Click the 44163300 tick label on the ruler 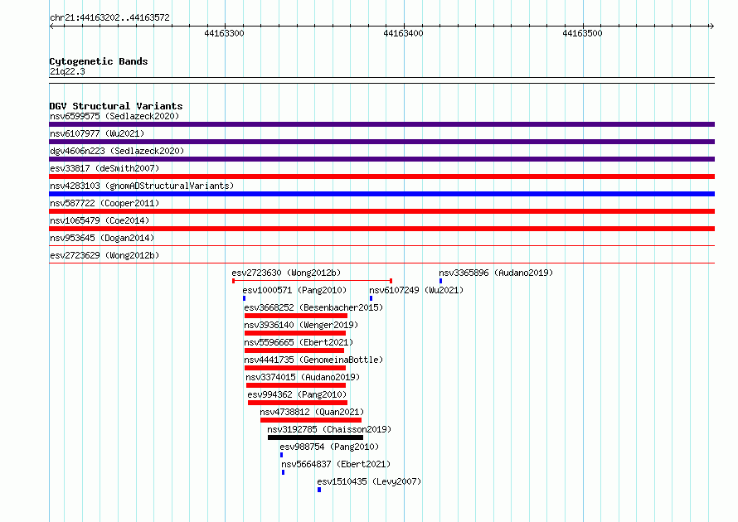(x=224, y=33)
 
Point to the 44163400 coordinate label (x=403, y=33)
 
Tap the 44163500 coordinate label (x=582, y=33)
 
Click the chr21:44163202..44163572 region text (x=109, y=18)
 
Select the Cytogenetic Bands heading (x=99, y=61)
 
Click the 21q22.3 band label (x=67, y=71)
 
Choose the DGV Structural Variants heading (x=116, y=106)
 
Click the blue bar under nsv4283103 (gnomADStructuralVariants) (x=381, y=194)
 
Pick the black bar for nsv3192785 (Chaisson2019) (x=315, y=437)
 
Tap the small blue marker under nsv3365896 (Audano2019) (x=440, y=281)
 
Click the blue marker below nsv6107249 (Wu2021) (x=371, y=298)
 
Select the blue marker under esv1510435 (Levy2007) (x=319, y=490)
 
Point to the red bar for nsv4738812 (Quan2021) (x=311, y=420)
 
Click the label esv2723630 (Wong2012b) (x=286, y=273)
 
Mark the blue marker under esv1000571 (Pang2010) (x=244, y=298)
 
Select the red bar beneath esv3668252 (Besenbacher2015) (x=296, y=316)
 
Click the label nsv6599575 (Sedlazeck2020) (x=114, y=116)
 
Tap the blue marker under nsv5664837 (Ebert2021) (x=283, y=472)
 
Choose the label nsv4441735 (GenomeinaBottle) (x=313, y=360)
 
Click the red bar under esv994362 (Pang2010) (x=298, y=403)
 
